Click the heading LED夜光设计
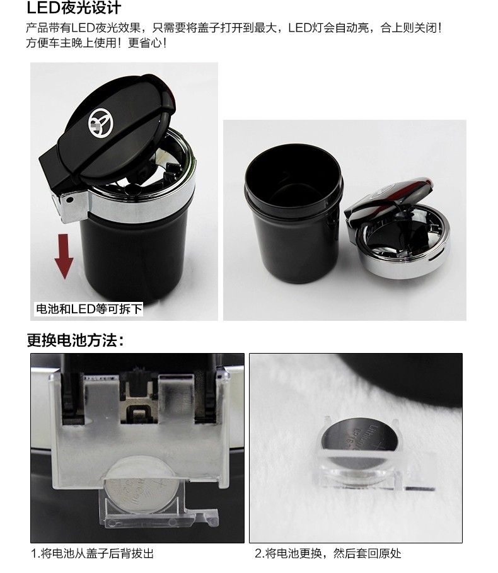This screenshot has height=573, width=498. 74,8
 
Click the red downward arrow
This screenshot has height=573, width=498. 64,257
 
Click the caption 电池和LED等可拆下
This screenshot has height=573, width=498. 88,309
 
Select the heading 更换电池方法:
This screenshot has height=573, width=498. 76,340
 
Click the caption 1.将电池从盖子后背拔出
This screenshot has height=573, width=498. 92,553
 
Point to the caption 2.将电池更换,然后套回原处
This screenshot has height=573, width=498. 328,553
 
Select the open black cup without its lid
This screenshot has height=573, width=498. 294,212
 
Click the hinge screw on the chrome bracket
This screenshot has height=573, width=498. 69,200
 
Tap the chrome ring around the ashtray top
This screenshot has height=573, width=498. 142,205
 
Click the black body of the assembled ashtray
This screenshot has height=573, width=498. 135,260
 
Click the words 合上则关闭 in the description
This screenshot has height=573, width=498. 408,27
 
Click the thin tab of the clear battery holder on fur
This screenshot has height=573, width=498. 420,489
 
